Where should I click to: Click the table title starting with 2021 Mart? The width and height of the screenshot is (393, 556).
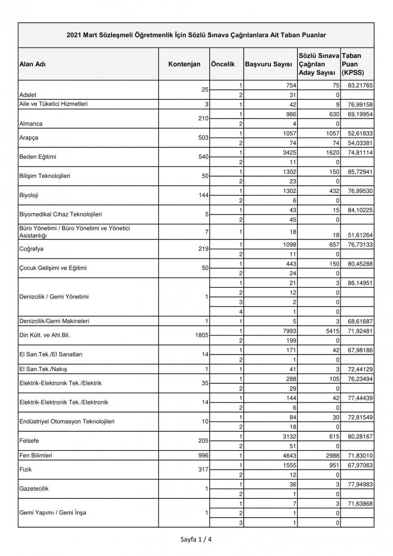[196, 34]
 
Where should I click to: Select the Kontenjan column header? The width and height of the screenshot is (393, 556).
[184, 64]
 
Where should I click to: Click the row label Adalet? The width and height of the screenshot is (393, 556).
[28, 95]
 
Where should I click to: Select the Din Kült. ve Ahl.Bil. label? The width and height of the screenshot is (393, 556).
[44, 335]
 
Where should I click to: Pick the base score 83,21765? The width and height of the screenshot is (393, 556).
[357, 85]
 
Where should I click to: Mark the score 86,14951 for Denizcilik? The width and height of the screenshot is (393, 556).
[357, 283]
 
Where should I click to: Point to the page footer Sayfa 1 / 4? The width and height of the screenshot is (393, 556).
[196, 539]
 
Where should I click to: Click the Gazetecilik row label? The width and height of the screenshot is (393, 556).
[34, 489]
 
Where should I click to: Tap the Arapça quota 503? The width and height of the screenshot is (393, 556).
[204, 138]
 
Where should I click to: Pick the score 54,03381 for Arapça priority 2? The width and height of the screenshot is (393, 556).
[357, 143]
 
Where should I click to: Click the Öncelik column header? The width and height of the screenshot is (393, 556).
[222, 64]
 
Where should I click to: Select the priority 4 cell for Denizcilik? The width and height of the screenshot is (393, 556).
[241, 312]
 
